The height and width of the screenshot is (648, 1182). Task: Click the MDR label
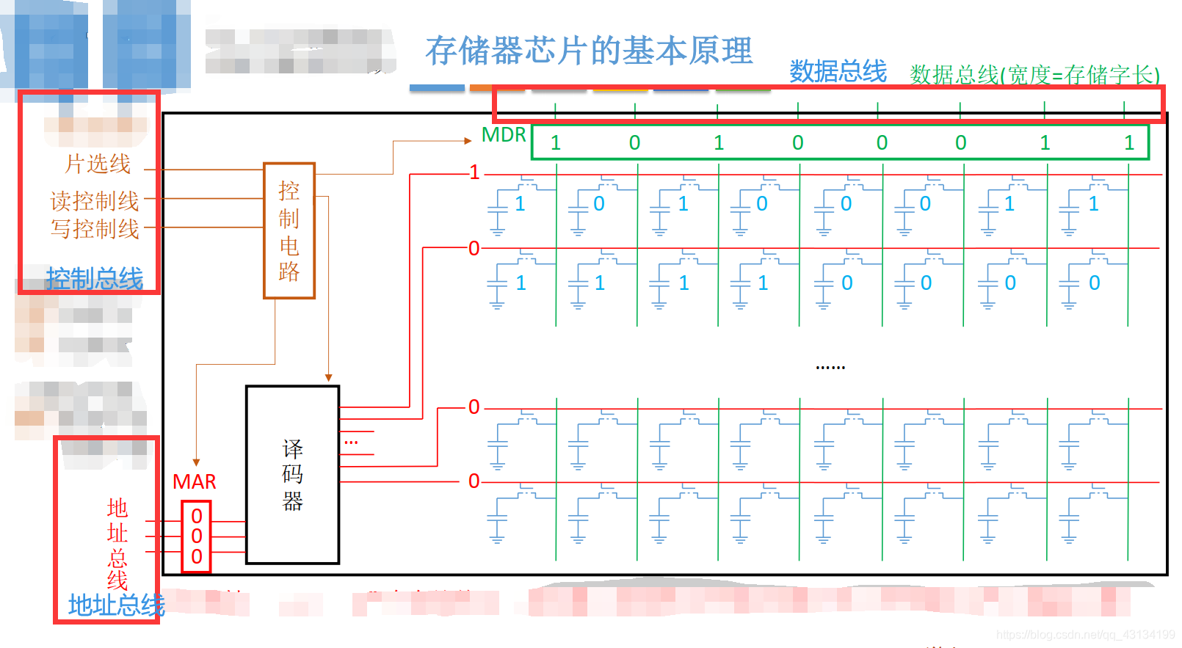pyautogui.click(x=504, y=135)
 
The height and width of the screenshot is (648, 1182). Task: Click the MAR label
pyautogui.click(x=194, y=481)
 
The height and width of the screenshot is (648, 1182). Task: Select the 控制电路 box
pyautogui.click(x=289, y=230)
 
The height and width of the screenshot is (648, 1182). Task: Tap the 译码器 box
pyautogui.click(x=292, y=475)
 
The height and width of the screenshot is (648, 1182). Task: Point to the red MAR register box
pyautogui.click(x=196, y=536)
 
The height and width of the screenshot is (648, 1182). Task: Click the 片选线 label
pyautogui.click(x=98, y=164)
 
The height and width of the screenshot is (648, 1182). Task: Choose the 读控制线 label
pyautogui.click(x=94, y=200)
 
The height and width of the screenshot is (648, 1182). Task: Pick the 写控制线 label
pyautogui.click(x=94, y=229)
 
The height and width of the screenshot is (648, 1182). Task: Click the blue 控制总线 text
pyautogui.click(x=94, y=279)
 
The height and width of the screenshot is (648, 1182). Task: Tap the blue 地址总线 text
pyautogui.click(x=116, y=605)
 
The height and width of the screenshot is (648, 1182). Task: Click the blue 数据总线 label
pyautogui.click(x=838, y=72)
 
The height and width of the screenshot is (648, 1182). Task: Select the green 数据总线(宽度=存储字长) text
pyautogui.click(x=1034, y=75)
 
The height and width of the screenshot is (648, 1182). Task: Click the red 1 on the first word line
pyautogui.click(x=474, y=172)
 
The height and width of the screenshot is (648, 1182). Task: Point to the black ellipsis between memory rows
pyautogui.click(x=830, y=366)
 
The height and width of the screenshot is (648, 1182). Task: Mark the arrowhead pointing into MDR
pyautogui.click(x=468, y=141)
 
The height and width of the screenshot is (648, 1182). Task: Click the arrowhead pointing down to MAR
pyautogui.click(x=196, y=462)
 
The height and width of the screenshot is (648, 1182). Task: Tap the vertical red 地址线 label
pyautogui.click(x=117, y=544)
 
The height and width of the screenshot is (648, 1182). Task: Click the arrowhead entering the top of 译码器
pyautogui.click(x=328, y=377)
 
